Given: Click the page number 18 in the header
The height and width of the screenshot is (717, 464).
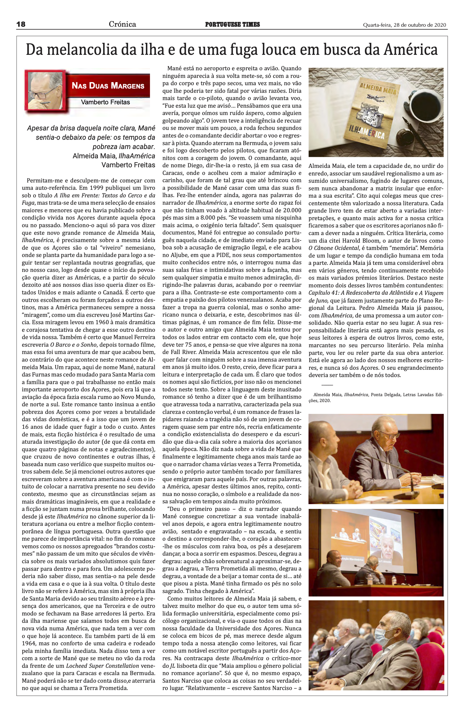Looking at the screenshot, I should (x=21, y=24).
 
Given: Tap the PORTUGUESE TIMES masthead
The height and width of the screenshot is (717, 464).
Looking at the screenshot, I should (x=232, y=24).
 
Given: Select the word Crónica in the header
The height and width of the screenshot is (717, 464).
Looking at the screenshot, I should (x=122, y=24).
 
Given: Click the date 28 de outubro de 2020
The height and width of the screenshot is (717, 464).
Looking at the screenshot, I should (x=419, y=25).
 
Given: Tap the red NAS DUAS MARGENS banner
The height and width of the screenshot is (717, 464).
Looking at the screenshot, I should (x=108, y=86).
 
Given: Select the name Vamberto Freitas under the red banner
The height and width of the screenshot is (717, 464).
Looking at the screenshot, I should (x=105, y=102).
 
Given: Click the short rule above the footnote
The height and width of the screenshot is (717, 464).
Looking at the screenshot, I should (x=327, y=385).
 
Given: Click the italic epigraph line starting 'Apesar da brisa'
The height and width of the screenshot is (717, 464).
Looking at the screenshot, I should (x=91, y=128).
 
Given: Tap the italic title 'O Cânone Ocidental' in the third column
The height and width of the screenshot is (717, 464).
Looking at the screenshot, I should (x=334, y=248).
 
